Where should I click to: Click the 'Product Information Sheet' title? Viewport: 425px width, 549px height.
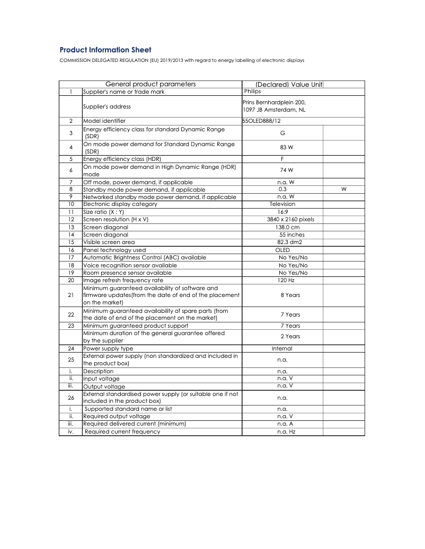click(105, 50)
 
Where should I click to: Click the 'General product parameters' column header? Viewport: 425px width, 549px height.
click(150, 84)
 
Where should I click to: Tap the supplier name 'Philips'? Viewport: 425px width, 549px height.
click(252, 92)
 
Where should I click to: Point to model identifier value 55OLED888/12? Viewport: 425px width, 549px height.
click(262, 121)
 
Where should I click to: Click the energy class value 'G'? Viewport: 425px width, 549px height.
click(282, 133)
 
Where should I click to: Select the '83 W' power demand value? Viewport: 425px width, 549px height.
click(287, 148)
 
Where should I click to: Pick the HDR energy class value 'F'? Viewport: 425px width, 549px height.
click(282, 159)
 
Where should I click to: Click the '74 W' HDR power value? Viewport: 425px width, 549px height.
click(287, 170)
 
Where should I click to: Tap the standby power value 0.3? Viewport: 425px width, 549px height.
click(282, 190)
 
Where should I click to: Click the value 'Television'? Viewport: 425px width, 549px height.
click(282, 204)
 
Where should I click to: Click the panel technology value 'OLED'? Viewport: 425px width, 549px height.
click(282, 250)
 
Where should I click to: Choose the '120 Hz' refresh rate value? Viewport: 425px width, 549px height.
click(286, 280)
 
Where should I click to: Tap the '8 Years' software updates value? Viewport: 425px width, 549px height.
click(290, 295)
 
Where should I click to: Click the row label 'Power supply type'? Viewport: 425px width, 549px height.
click(108, 349)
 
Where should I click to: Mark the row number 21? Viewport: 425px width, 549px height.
click(70, 295)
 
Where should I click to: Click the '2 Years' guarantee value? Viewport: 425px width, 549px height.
click(290, 337)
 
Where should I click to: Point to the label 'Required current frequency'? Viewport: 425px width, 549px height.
click(122, 432)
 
